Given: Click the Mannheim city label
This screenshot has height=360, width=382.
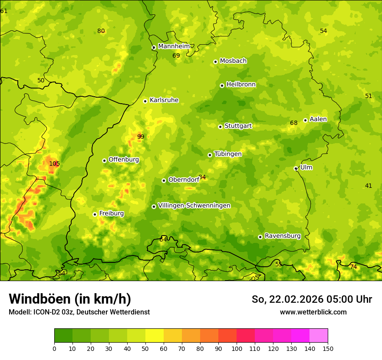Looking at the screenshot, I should [174, 46].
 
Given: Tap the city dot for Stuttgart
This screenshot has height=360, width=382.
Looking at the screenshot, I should [220, 127].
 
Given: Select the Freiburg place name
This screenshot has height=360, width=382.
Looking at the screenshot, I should [111, 213].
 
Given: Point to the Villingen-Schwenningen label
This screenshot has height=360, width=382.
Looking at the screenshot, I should [194, 206].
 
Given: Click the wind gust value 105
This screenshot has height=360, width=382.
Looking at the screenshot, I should [54, 164].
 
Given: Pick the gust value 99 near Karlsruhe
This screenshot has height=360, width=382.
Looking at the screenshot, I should [141, 137].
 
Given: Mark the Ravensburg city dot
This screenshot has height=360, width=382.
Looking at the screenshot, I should [260, 237].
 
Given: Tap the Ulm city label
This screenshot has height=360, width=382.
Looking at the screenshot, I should [306, 167].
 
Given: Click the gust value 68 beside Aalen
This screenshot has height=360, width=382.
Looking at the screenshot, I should [294, 123].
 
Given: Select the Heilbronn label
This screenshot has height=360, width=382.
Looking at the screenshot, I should [241, 85].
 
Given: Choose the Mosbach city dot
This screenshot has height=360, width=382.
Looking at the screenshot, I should [215, 62].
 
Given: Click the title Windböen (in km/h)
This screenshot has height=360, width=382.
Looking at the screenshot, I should [70, 299].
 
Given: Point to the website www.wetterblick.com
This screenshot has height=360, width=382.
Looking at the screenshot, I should [313, 312].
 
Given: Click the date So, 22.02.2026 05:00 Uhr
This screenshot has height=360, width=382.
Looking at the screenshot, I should [312, 299].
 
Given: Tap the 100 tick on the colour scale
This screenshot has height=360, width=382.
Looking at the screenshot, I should [236, 348].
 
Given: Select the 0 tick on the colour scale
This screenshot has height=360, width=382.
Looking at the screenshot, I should [54, 348].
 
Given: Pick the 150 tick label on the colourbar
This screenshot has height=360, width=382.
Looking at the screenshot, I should [328, 348].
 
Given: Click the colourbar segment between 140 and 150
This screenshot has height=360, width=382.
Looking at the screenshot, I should [319, 336].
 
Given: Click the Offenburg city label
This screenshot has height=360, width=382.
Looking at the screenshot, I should [124, 160].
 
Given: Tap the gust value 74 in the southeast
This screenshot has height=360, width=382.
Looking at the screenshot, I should [353, 267].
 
